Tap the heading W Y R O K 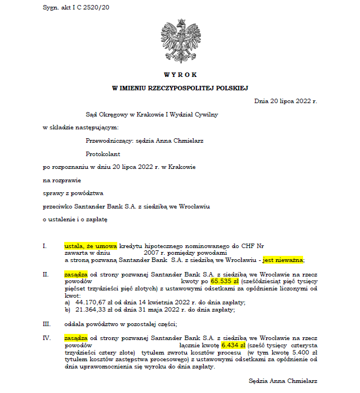(180, 74)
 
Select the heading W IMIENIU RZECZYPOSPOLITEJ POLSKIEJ (180, 88)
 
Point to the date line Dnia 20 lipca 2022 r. (285, 101)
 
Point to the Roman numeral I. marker (44, 245)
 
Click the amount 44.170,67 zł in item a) (97, 303)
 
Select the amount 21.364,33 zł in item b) (97, 310)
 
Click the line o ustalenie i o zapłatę (75, 219)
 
